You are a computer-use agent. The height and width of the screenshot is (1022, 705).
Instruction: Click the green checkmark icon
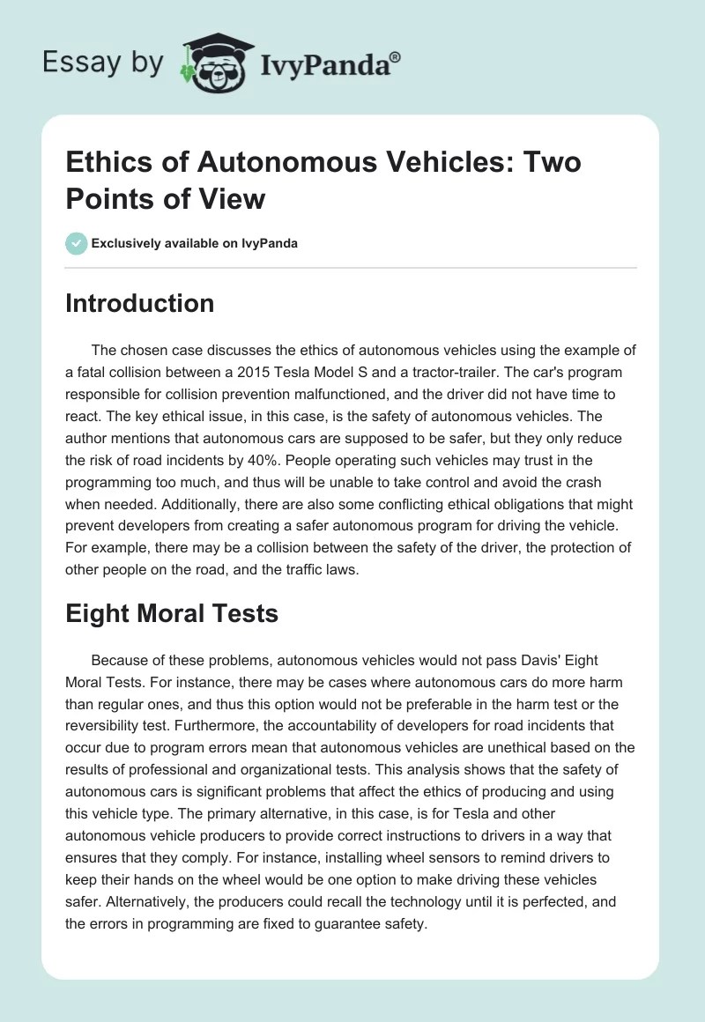pyautogui.click(x=77, y=243)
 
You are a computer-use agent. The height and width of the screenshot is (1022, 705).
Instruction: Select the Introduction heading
pyautogui.click(x=139, y=303)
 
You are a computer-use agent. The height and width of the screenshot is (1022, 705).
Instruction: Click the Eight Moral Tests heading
pyautogui.click(x=171, y=613)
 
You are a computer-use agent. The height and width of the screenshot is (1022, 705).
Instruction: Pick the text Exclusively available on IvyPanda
pyautogui.click(x=195, y=243)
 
